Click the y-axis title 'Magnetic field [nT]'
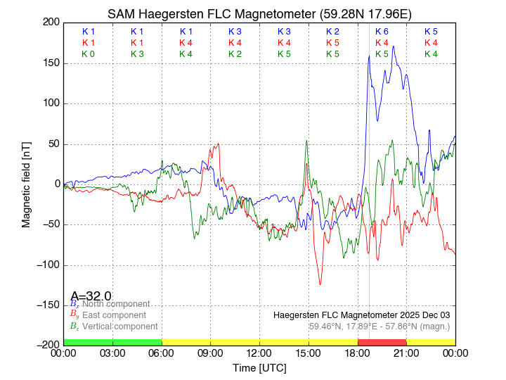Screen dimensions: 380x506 pyautogui.click(x=26, y=183)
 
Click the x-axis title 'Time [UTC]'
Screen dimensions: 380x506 pyautogui.click(x=259, y=368)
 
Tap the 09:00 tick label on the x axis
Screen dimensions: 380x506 pyautogui.click(x=211, y=353)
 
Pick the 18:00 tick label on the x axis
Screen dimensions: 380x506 pyautogui.click(x=358, y=353)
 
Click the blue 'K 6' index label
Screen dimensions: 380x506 pyautogui.click(x=382, y=32)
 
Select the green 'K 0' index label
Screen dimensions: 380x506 pyautogui.click(x=89, y=54)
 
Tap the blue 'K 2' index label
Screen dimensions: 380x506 pyautogui.click(x=332, y=32)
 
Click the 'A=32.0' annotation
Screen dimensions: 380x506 pyautogui.click(x=91, y=296)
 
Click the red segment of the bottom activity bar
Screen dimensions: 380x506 pyautogui.click(x=382, y=342)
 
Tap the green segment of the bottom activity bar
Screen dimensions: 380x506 pyautogui.click(x=112, y=342)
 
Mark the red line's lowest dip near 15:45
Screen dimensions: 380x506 pyautogui.click(x=320, y=284)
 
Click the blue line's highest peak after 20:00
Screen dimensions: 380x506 pyautogui.click(x=394, y=46)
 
